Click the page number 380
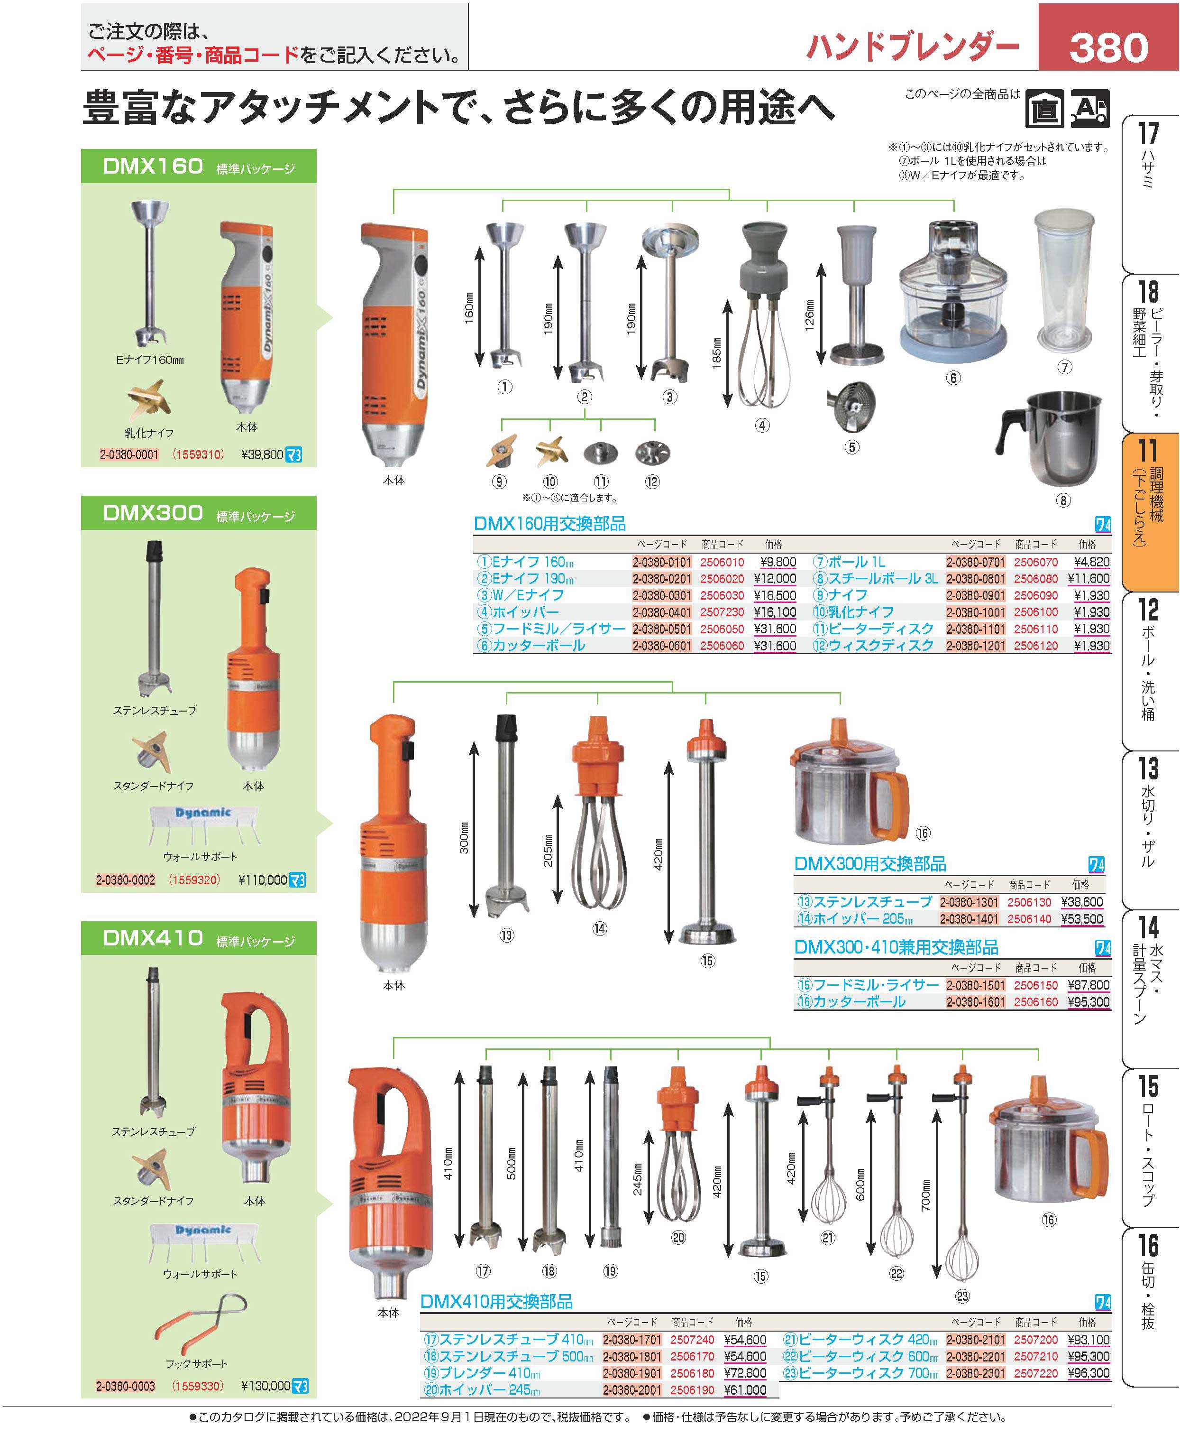[x=1108, y=47]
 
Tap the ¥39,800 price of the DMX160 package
[x=262, y=454]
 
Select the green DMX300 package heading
[x=199, y=513]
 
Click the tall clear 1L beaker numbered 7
[x=1064, y=280]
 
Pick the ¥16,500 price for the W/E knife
[x=775, y=595]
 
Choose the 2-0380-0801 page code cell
[x=975, y=579]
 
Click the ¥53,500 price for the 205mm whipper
[x=1082, y=919]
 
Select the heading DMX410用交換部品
[x=496, y=1302]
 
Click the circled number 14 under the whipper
[x=599, y=927]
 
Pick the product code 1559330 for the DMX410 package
[x=198, y=1385]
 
